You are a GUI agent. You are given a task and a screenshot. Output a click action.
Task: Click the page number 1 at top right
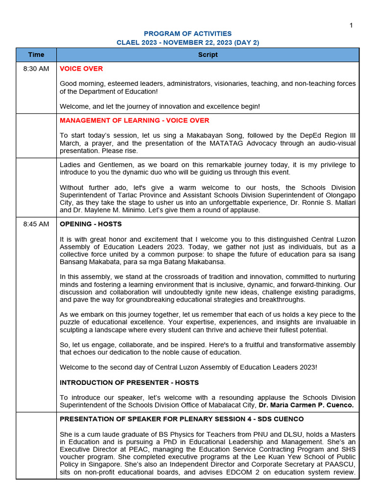point(351,25)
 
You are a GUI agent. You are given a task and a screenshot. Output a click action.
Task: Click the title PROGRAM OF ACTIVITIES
point(188,34)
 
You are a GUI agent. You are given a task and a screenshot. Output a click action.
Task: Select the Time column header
point(36,55)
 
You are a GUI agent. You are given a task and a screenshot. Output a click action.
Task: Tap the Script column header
point(208,55)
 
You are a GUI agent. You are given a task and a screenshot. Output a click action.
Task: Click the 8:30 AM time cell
point(36,69)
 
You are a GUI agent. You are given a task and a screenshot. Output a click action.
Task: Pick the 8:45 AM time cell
point(36,224)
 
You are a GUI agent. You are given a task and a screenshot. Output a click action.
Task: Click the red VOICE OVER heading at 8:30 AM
point(81,69)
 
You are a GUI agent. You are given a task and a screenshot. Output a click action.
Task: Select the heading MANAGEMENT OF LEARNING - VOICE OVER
point(134,121)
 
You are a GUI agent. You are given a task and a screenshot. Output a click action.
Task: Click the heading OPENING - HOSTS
point(91,224)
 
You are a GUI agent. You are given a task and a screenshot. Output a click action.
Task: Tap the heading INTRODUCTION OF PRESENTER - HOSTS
point(129,382)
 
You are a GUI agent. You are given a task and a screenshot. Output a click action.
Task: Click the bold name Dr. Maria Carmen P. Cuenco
point(305,405)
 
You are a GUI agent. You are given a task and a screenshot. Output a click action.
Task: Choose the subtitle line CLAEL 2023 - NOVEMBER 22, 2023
point(188,43)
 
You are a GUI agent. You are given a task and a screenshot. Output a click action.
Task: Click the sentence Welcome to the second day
point(188,367)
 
